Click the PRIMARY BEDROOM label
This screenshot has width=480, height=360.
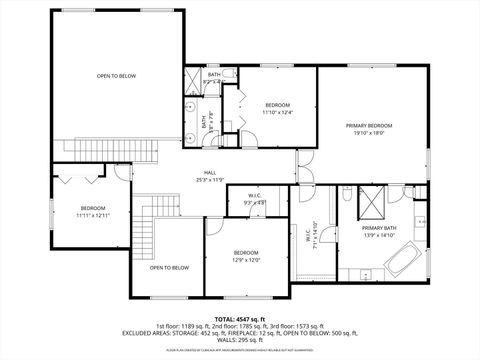[x=369, y=125]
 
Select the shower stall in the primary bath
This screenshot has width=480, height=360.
[x=370, y=201]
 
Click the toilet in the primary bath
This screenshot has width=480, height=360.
[x=345, y=194]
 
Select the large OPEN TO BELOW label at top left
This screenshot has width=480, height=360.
[x=116, y=76]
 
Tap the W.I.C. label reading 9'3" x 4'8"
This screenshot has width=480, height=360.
[x=254, y=202]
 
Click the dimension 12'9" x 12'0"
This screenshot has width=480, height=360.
[x=247, y=259]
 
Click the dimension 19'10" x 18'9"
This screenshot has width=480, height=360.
[x=369, y=133]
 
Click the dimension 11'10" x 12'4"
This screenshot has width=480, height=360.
[x=277, y=112]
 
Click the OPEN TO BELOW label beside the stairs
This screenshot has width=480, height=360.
[x=169, y=267]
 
